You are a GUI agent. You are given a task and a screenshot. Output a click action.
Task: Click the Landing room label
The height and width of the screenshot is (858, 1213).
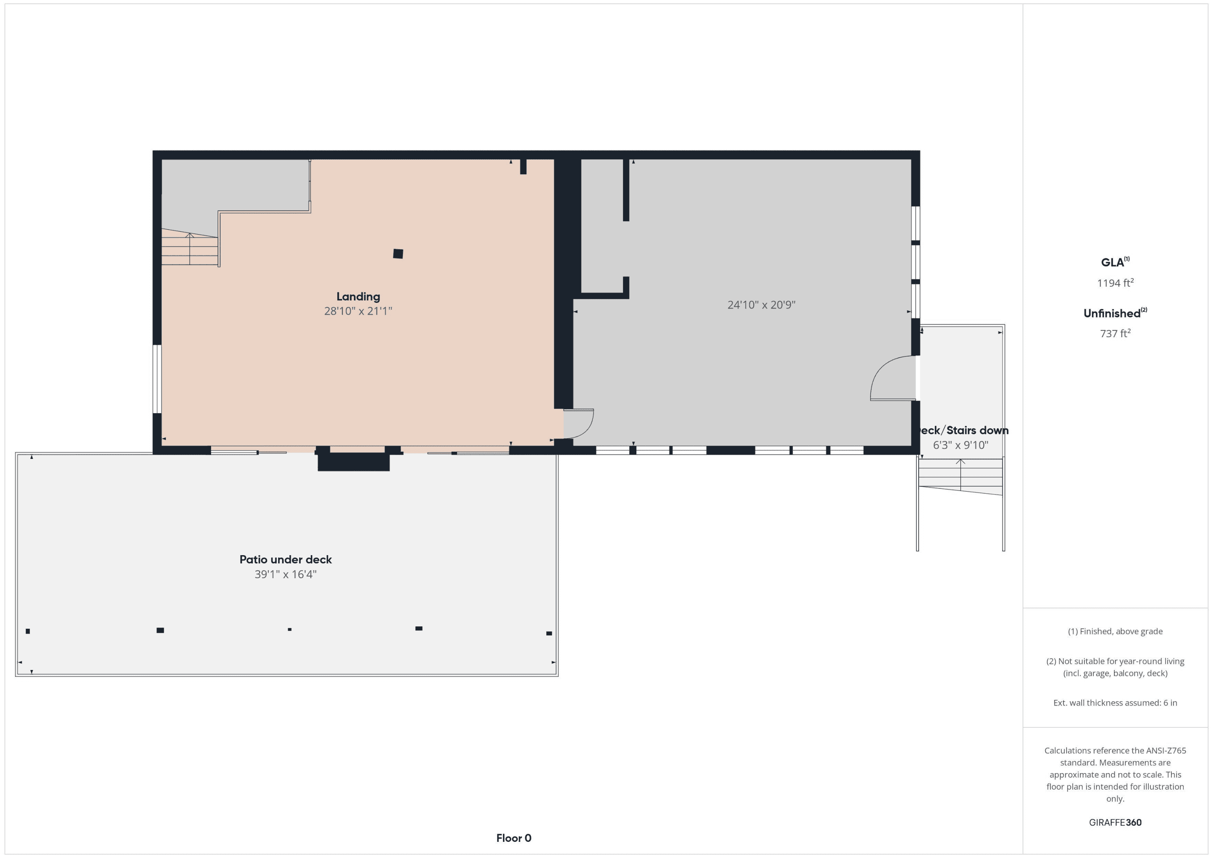pyautogui.click(x=358, y=296)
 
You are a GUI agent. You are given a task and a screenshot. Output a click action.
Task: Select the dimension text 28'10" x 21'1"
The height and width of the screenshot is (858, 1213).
pyautogui.click(x=358, y=311)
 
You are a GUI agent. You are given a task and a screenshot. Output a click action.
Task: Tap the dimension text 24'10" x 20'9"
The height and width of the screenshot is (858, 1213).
pyautogui.click(x=761, y=305)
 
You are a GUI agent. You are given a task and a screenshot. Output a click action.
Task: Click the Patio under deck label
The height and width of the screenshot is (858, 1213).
pyautogui.click(x=286, y=560)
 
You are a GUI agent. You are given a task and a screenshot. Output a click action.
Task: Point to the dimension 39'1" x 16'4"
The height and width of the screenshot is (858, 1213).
pyautogui.click(x=286, y=574)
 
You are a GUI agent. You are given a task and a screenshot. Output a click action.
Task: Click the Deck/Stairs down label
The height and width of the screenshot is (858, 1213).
pyautogui.click(x=963, y=431)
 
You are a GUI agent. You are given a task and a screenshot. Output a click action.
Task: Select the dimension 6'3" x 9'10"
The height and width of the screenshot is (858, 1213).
pyautogui.click(x=960, y=445)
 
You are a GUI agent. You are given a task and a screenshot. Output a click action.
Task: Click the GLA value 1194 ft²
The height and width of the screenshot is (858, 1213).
pyautogui.click(x=1115, y=283)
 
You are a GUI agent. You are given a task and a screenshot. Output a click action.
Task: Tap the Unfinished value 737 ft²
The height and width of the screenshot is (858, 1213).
pyautogui.click(x=1115, y=333)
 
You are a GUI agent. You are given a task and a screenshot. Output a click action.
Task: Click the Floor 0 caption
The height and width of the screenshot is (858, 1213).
pyautogui.click(x=514, y=838)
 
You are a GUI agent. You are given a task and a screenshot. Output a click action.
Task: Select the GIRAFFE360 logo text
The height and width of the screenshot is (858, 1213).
pyautogui.click(x=1115, y=822)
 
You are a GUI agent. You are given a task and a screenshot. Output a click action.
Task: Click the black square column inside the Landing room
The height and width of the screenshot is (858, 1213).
pyautogui.click(x=398, y=254)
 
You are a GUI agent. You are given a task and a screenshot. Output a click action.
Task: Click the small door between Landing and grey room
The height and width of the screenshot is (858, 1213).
pyautogui.click(x=579, y=424)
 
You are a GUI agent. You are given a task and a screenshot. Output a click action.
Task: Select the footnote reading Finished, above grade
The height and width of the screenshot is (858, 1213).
pyautogui.click(x=1115, y=631)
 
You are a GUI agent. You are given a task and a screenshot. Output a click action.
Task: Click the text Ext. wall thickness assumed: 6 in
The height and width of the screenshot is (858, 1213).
pyautogui.click(x=1115, y=703)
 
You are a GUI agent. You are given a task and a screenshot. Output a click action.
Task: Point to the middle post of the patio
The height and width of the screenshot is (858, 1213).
pyautogui.click(x=290, y=629)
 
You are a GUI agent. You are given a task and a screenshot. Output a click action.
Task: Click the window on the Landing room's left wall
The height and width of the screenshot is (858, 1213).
pyautogui.click(x=157, y=379)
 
